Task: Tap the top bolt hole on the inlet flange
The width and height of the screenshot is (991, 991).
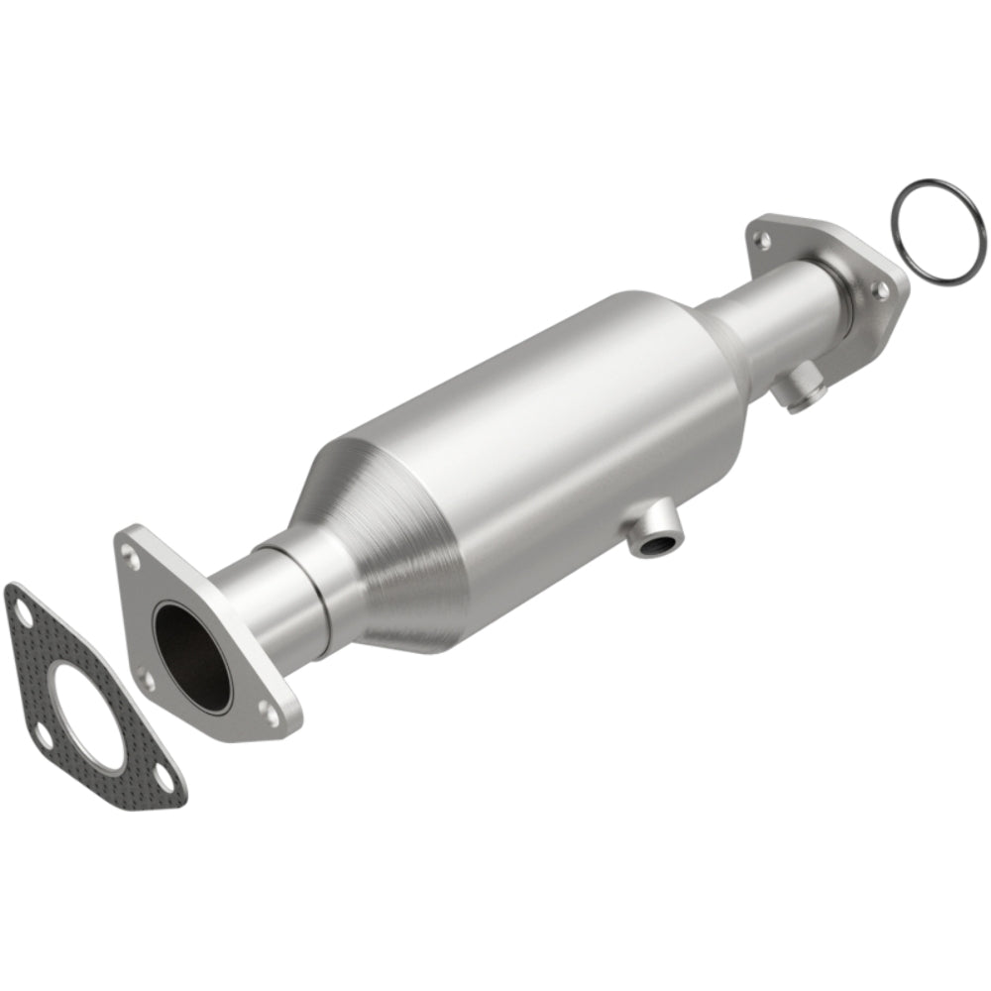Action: tap(130, 544)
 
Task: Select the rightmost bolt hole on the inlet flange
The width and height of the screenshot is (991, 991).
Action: tap(266, 710)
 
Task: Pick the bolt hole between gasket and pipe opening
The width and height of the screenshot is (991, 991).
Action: tap(146, 680)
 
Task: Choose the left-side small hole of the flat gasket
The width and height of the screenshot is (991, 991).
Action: tap(43, 735)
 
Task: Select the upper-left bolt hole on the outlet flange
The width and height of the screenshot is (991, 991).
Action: tap(761, 239)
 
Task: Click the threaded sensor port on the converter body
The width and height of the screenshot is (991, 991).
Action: tap(655, 541)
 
